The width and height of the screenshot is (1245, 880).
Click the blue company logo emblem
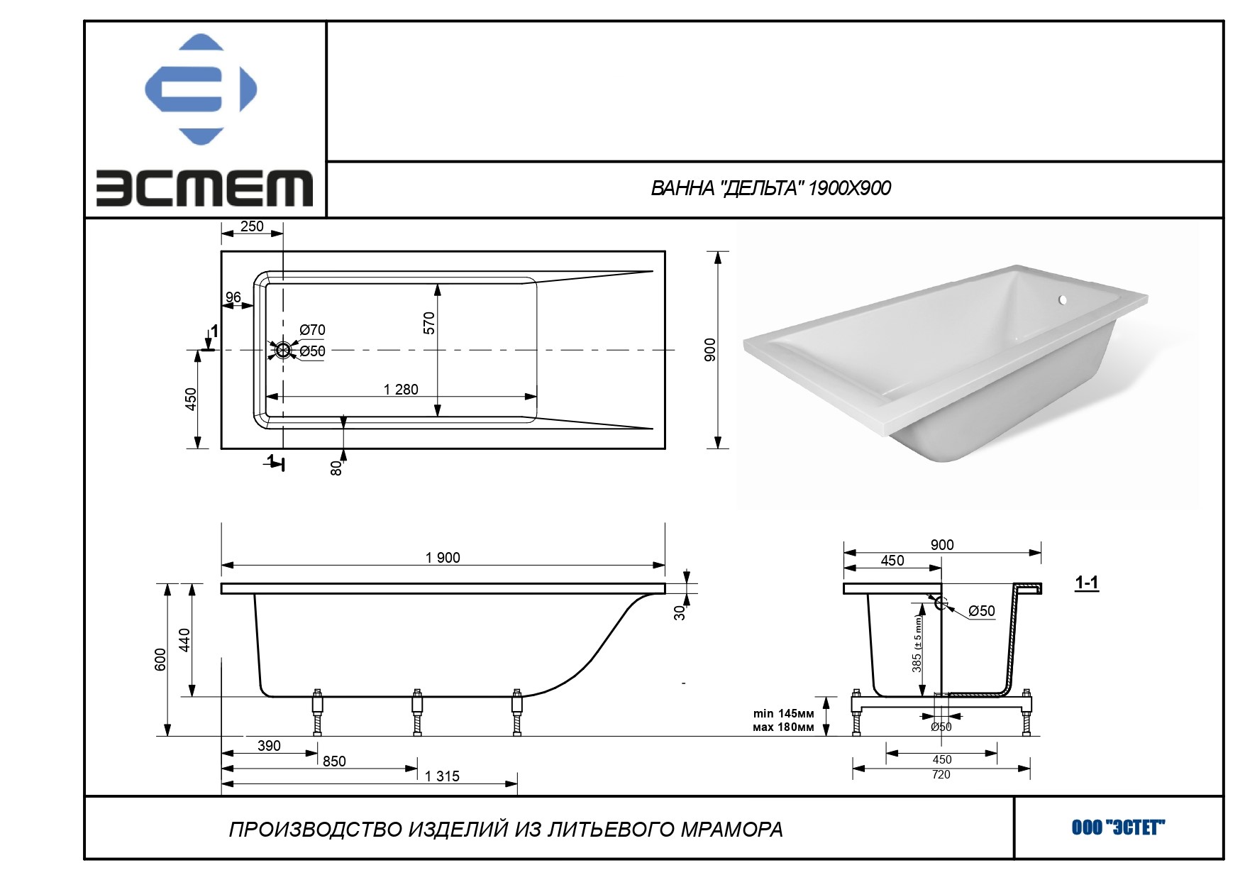coord(201,89)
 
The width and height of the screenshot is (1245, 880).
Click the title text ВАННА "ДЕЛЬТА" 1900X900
coord(770,188)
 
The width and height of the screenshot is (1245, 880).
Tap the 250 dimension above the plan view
coord(252,226)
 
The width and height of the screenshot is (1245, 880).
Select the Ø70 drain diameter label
coord(312,330)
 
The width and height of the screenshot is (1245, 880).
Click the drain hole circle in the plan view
coord(283,350)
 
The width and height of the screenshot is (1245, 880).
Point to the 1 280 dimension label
coord(401,389)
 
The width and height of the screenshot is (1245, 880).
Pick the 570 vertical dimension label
coord(428,323)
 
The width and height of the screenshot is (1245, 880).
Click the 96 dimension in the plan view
coord(233,297)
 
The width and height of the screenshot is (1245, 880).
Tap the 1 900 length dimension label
coord(443,558)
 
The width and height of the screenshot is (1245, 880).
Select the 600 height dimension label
coord(160,659)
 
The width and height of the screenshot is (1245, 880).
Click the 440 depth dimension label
coord(184,639)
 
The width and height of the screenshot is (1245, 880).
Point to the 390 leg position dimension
coord(269,746)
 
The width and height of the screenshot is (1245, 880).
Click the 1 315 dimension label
coord(442,776)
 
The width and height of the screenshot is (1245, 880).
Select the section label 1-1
coord(1086,583)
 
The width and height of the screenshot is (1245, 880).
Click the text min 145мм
coord(783,713)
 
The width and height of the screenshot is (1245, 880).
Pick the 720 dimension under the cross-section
coord(941,774)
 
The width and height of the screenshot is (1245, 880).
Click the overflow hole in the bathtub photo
coord(1063,300)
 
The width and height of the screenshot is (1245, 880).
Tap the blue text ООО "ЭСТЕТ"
coord(1119,827)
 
